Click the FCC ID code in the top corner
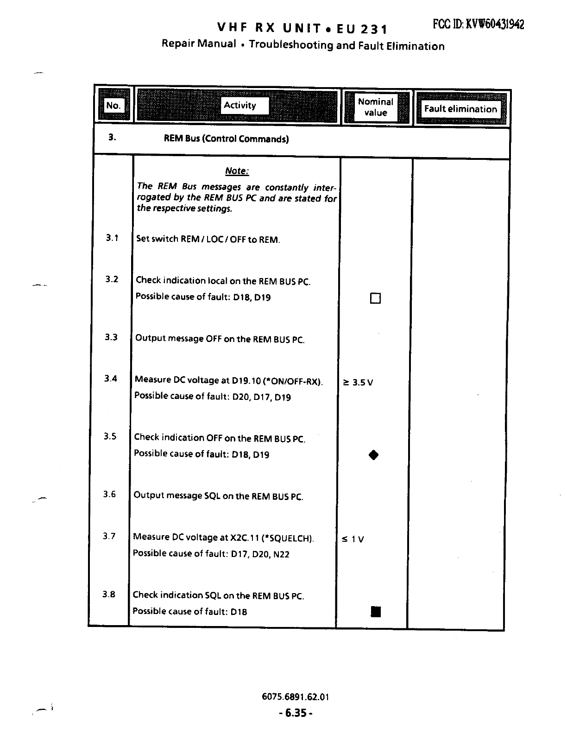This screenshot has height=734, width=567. click(479, 25)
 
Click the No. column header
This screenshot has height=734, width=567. click(113, 106)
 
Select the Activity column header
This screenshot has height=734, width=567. click(239, 105)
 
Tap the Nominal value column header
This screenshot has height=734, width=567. click(376, 107)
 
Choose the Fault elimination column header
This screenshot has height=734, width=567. click(460, 109)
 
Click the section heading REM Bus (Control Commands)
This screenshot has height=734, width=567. click(227, 139)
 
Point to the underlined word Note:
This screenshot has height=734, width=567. click(237, 171)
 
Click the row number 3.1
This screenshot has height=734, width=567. click(112, 238)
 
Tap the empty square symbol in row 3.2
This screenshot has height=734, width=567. click(375, 298)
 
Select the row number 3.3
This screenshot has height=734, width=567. click(111, 337)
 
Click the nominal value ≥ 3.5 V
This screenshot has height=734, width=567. click(357, 382)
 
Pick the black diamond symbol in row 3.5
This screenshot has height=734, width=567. click(374, 455)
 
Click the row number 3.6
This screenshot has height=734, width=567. click(110, 494)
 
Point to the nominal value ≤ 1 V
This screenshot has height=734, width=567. click(353, 539)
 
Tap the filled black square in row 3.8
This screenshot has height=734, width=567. click(376, 612)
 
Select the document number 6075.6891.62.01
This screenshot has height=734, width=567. click(295, 696)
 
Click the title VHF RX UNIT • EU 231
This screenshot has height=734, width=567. click(302, 29)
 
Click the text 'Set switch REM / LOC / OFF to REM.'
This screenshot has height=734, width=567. click(208, 240)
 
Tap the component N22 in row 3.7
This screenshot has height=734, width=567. click(281, 554)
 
